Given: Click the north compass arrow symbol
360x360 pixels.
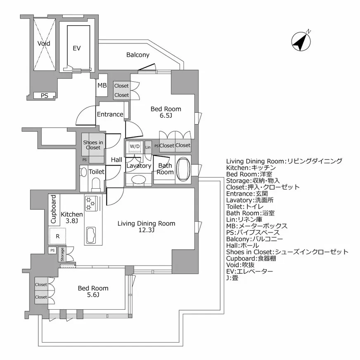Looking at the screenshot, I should coord(301,41).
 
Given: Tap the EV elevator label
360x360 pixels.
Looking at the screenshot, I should coord(76,48).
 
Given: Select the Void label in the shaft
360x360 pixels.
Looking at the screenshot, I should coord(44,43).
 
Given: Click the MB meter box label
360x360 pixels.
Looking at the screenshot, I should coord(102,86).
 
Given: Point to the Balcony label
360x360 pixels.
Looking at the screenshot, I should coord(138,55).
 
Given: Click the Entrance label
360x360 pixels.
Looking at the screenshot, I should coord(110,114).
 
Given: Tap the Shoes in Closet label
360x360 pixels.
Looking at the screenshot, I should coord(93,145).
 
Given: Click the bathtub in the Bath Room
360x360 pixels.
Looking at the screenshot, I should coord(183,169).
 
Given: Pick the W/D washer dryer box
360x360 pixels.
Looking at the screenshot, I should coord(135,147).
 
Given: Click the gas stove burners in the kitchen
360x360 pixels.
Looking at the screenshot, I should coord(90,204).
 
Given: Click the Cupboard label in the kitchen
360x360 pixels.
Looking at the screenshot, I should coord(54,209).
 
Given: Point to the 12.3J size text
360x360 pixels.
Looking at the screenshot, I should coord(146,230).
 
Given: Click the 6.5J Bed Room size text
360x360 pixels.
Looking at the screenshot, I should coord(166,116).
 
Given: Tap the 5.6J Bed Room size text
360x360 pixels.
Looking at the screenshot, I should coord(93,295).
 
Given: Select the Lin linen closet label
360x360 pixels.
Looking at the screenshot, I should coord(148,147).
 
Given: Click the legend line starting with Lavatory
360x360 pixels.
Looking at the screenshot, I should coord(256,200).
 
